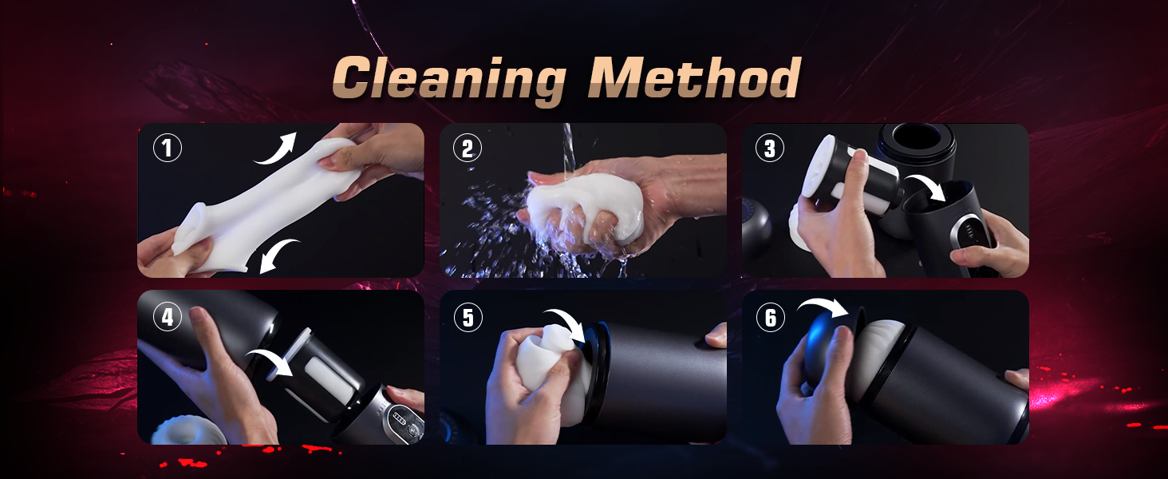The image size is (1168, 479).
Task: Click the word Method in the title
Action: [x=694, y=77]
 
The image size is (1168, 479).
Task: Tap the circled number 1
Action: [x=168, y=148]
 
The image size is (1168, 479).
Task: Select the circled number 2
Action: [x=468, y=148]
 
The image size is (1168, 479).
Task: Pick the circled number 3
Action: [x=770, y=148]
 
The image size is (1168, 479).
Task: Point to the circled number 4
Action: [x=168, y=317]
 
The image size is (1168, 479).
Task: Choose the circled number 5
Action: [x=468, y=317]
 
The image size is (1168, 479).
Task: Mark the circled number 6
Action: [x=770, y=317]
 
